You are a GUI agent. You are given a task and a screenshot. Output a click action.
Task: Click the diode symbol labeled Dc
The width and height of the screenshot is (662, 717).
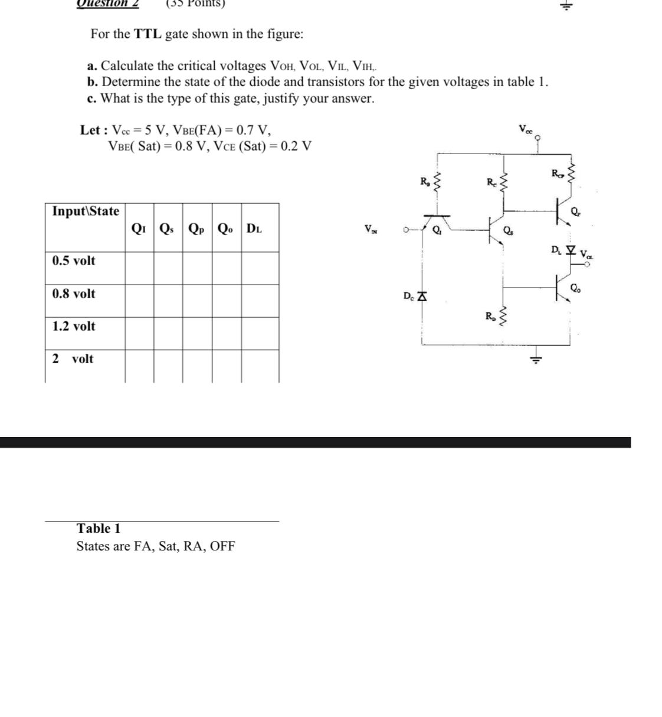click(421, 296)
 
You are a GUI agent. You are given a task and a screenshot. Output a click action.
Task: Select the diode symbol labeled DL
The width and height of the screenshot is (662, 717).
click(569, 250)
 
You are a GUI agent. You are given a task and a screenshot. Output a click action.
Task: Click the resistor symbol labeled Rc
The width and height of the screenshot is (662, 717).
click(503, 182)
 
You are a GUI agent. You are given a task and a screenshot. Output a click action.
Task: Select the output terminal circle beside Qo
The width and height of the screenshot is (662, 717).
click(586, 265)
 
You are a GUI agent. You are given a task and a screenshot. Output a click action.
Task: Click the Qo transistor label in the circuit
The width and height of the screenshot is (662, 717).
click(575, 288)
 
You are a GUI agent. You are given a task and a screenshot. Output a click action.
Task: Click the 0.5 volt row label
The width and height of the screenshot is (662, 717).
click(74, 260)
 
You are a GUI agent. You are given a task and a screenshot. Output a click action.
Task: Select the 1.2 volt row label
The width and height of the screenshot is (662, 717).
click(74, 326)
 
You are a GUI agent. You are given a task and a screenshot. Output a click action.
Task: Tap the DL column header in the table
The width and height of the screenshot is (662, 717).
click(254, 228)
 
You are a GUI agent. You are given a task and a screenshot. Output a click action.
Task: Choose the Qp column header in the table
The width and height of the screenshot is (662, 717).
click(197, 228)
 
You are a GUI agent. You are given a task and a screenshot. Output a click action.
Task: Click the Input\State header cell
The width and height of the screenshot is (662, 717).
click(86, 211)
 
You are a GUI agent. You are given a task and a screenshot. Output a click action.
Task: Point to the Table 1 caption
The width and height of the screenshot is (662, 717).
click(99, 528)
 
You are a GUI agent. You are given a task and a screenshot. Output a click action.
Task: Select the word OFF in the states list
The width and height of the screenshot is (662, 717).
click(222, 546)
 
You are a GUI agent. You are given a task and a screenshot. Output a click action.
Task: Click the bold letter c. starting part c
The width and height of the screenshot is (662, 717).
click(91, 98)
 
